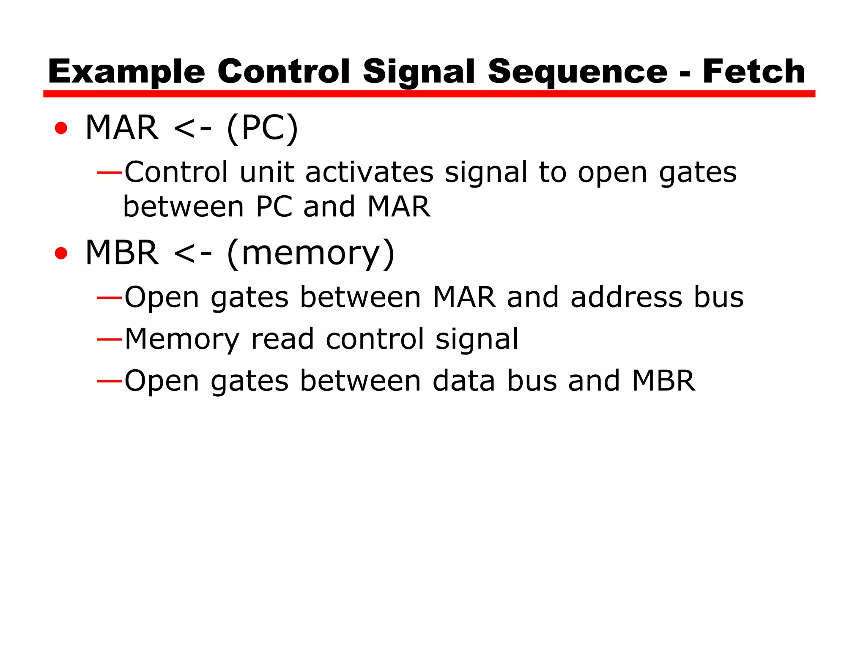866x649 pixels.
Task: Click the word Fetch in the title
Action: pyautogui.click(x=754, y=71)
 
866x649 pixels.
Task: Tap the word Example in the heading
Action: pyautogui.click(x=126, y=72)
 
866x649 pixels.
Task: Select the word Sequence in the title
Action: pyautogui.click(x=578, y=72)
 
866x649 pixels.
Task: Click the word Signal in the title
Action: pyautogui.click(x=419, y=72)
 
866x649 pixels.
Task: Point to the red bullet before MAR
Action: pyautogui.click(x=61, y=128)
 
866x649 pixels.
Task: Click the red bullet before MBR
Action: pyautogui.click(x=61, y=253)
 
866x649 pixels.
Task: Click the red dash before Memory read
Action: pyautogui.click(x=110, y=339)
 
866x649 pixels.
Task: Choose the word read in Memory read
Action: pyautogui.click(x=282, y=339)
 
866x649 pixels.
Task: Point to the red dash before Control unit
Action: pyautogui.click(x=110, y=172)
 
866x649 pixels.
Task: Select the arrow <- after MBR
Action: pyautogui.click(x=192, y=253)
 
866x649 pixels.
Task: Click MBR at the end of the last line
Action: pyautogui.click(x=663, y=381)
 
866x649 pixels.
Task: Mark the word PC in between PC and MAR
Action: pyautogui.click(x=274, y=207)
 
